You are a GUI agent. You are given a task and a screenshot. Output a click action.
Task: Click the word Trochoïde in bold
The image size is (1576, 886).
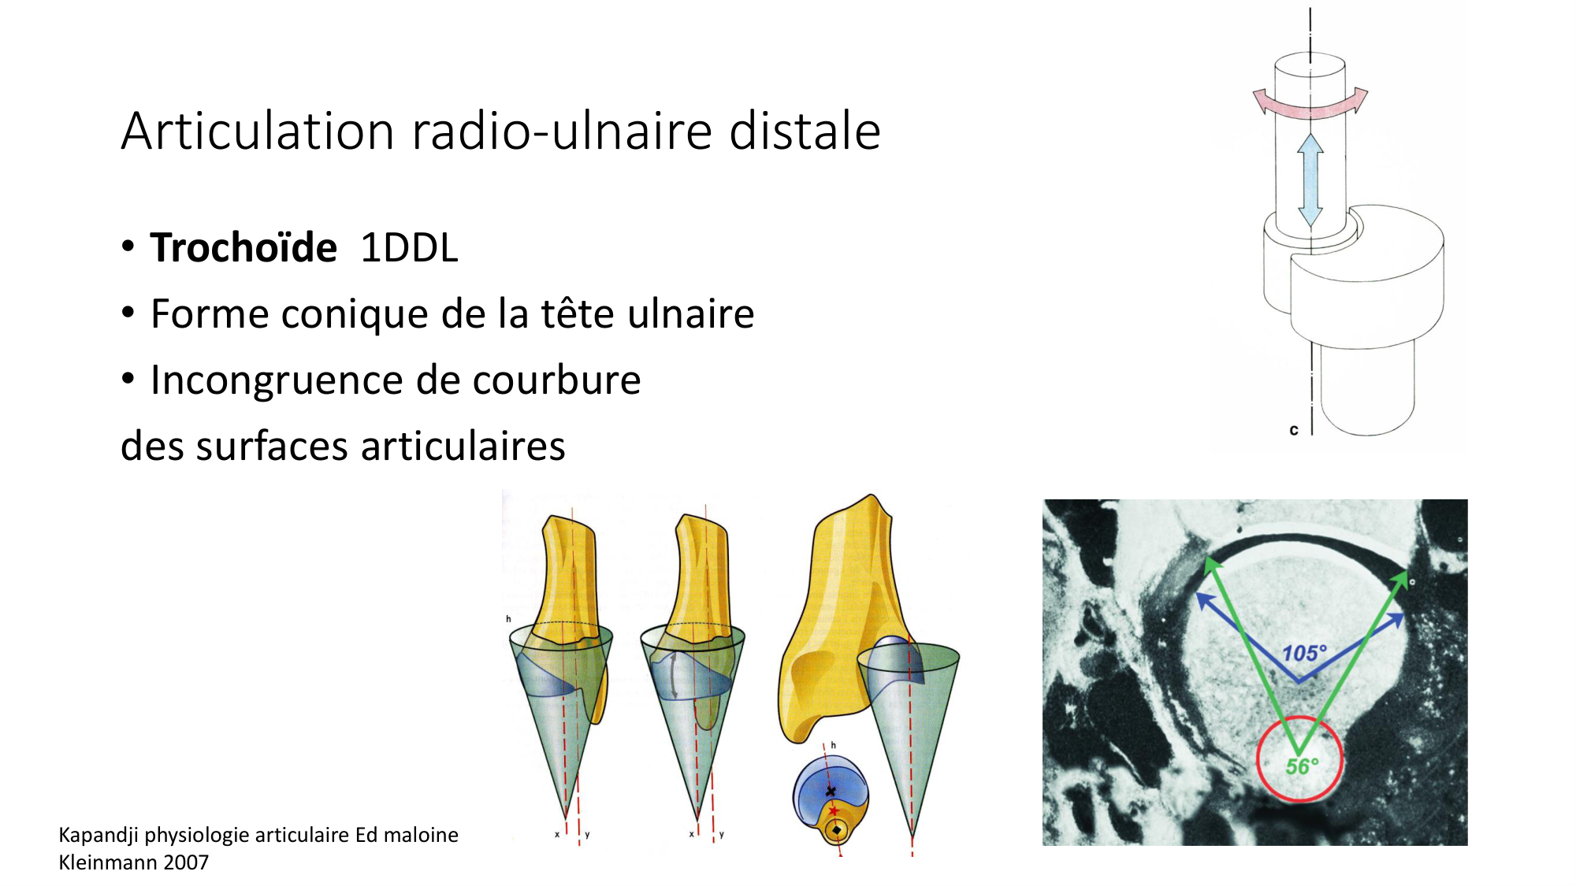tap(243, 247)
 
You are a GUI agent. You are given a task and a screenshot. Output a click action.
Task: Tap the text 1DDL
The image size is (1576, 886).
tap(409, 248)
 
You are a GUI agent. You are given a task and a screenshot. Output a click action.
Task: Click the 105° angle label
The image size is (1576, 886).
tap(1304, 654)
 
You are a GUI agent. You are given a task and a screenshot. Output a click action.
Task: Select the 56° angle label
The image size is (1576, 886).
tap(1302, 766)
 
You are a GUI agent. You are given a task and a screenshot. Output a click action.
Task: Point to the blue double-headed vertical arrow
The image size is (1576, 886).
tap(1310, 180)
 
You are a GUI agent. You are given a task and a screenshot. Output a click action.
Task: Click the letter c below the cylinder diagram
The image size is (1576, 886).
tap(1293, 430)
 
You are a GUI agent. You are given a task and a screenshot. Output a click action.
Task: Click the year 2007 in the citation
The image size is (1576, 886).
tap(186, 862)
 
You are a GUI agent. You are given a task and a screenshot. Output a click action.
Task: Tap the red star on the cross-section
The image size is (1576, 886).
tap(833, 810)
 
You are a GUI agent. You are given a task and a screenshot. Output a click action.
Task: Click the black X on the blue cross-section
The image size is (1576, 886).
tap(830, 791)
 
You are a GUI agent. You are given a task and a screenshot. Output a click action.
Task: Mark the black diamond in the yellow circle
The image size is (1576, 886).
tap(836, 829)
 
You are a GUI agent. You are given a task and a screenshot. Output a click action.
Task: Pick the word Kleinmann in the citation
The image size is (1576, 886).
tap(108, 862)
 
